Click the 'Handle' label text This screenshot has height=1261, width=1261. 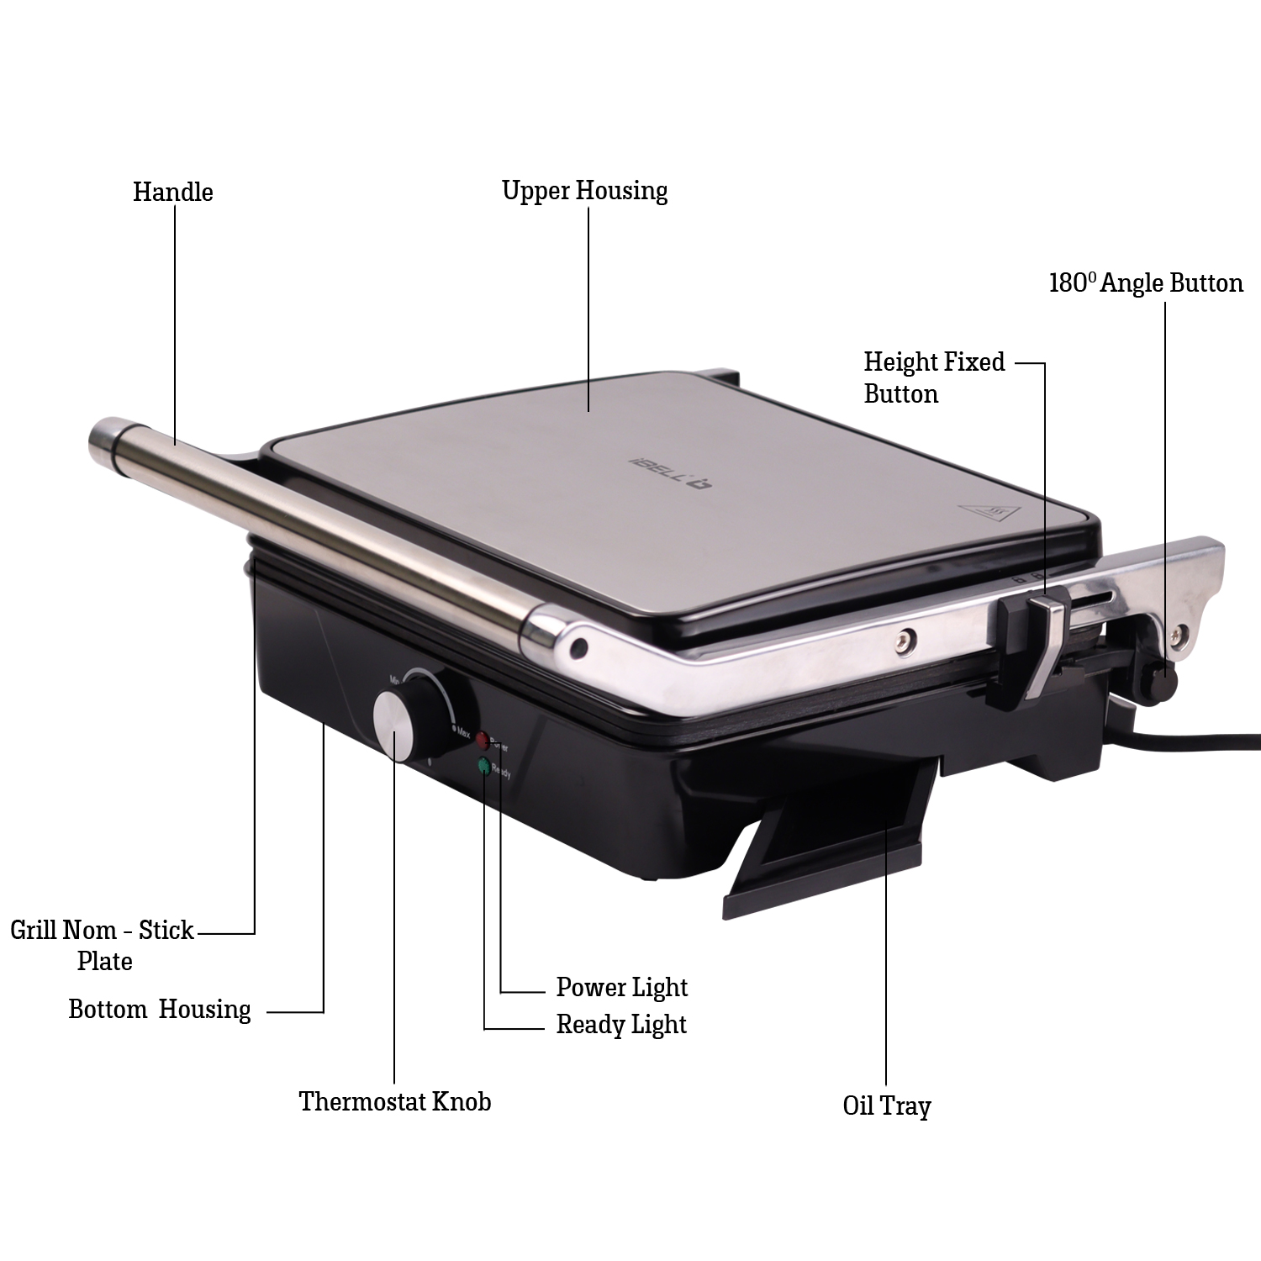coord(172,192)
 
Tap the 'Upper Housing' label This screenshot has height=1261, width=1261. coord(584,191)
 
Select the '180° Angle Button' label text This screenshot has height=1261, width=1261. coord(1146,283)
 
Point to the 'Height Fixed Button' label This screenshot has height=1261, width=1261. coord(934,377)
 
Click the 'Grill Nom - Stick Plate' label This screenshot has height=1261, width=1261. coord(103,946)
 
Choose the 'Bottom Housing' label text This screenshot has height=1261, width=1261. coord(160,1009)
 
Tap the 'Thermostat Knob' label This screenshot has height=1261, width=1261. coord(395,1101)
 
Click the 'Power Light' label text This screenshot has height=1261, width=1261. coord(622,987)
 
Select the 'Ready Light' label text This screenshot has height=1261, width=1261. coord(621,1025)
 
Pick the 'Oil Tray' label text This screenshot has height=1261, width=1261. coord(887,1105)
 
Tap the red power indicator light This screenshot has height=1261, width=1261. coord(483,740)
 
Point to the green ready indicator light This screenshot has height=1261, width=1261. coord(485,766)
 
